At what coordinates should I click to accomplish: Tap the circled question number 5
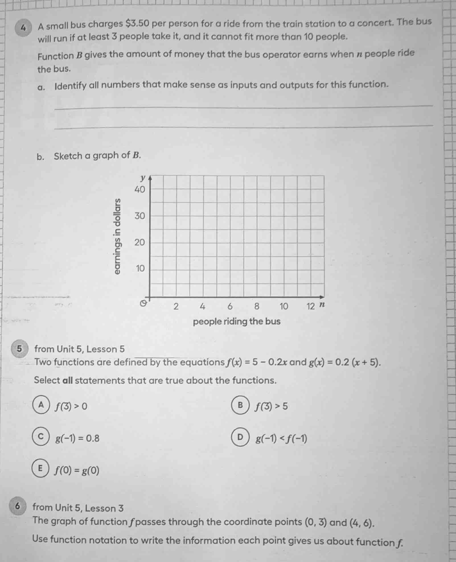[x=19, y=349]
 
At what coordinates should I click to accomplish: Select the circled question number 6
[x=18, y=506]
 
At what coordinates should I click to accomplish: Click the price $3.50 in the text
[x=137, y=24]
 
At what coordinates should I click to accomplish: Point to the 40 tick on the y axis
[x=139, y=190]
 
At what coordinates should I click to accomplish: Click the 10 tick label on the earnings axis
[x=140, y=268]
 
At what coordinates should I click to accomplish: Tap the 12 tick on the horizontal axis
[x=311, y=306]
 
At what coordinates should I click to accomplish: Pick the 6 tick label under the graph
[x=230, y=306]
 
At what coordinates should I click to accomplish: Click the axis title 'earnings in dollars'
[x=117, y=236]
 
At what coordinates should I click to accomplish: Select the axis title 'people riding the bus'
[x=237, y=322]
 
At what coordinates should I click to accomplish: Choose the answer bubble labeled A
[x=42, y=405]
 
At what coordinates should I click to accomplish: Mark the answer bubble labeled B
[x=241, y=405]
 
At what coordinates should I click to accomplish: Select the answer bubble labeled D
[x=241, y=437]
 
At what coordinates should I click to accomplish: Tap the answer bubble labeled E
[x=40, y=468]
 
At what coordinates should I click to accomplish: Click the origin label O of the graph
[x=144, y=303]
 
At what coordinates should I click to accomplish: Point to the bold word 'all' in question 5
[x=67, y=380]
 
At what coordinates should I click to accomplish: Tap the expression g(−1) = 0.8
[x=77, y=439]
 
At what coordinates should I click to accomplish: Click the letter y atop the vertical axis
[x=143, y=178]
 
